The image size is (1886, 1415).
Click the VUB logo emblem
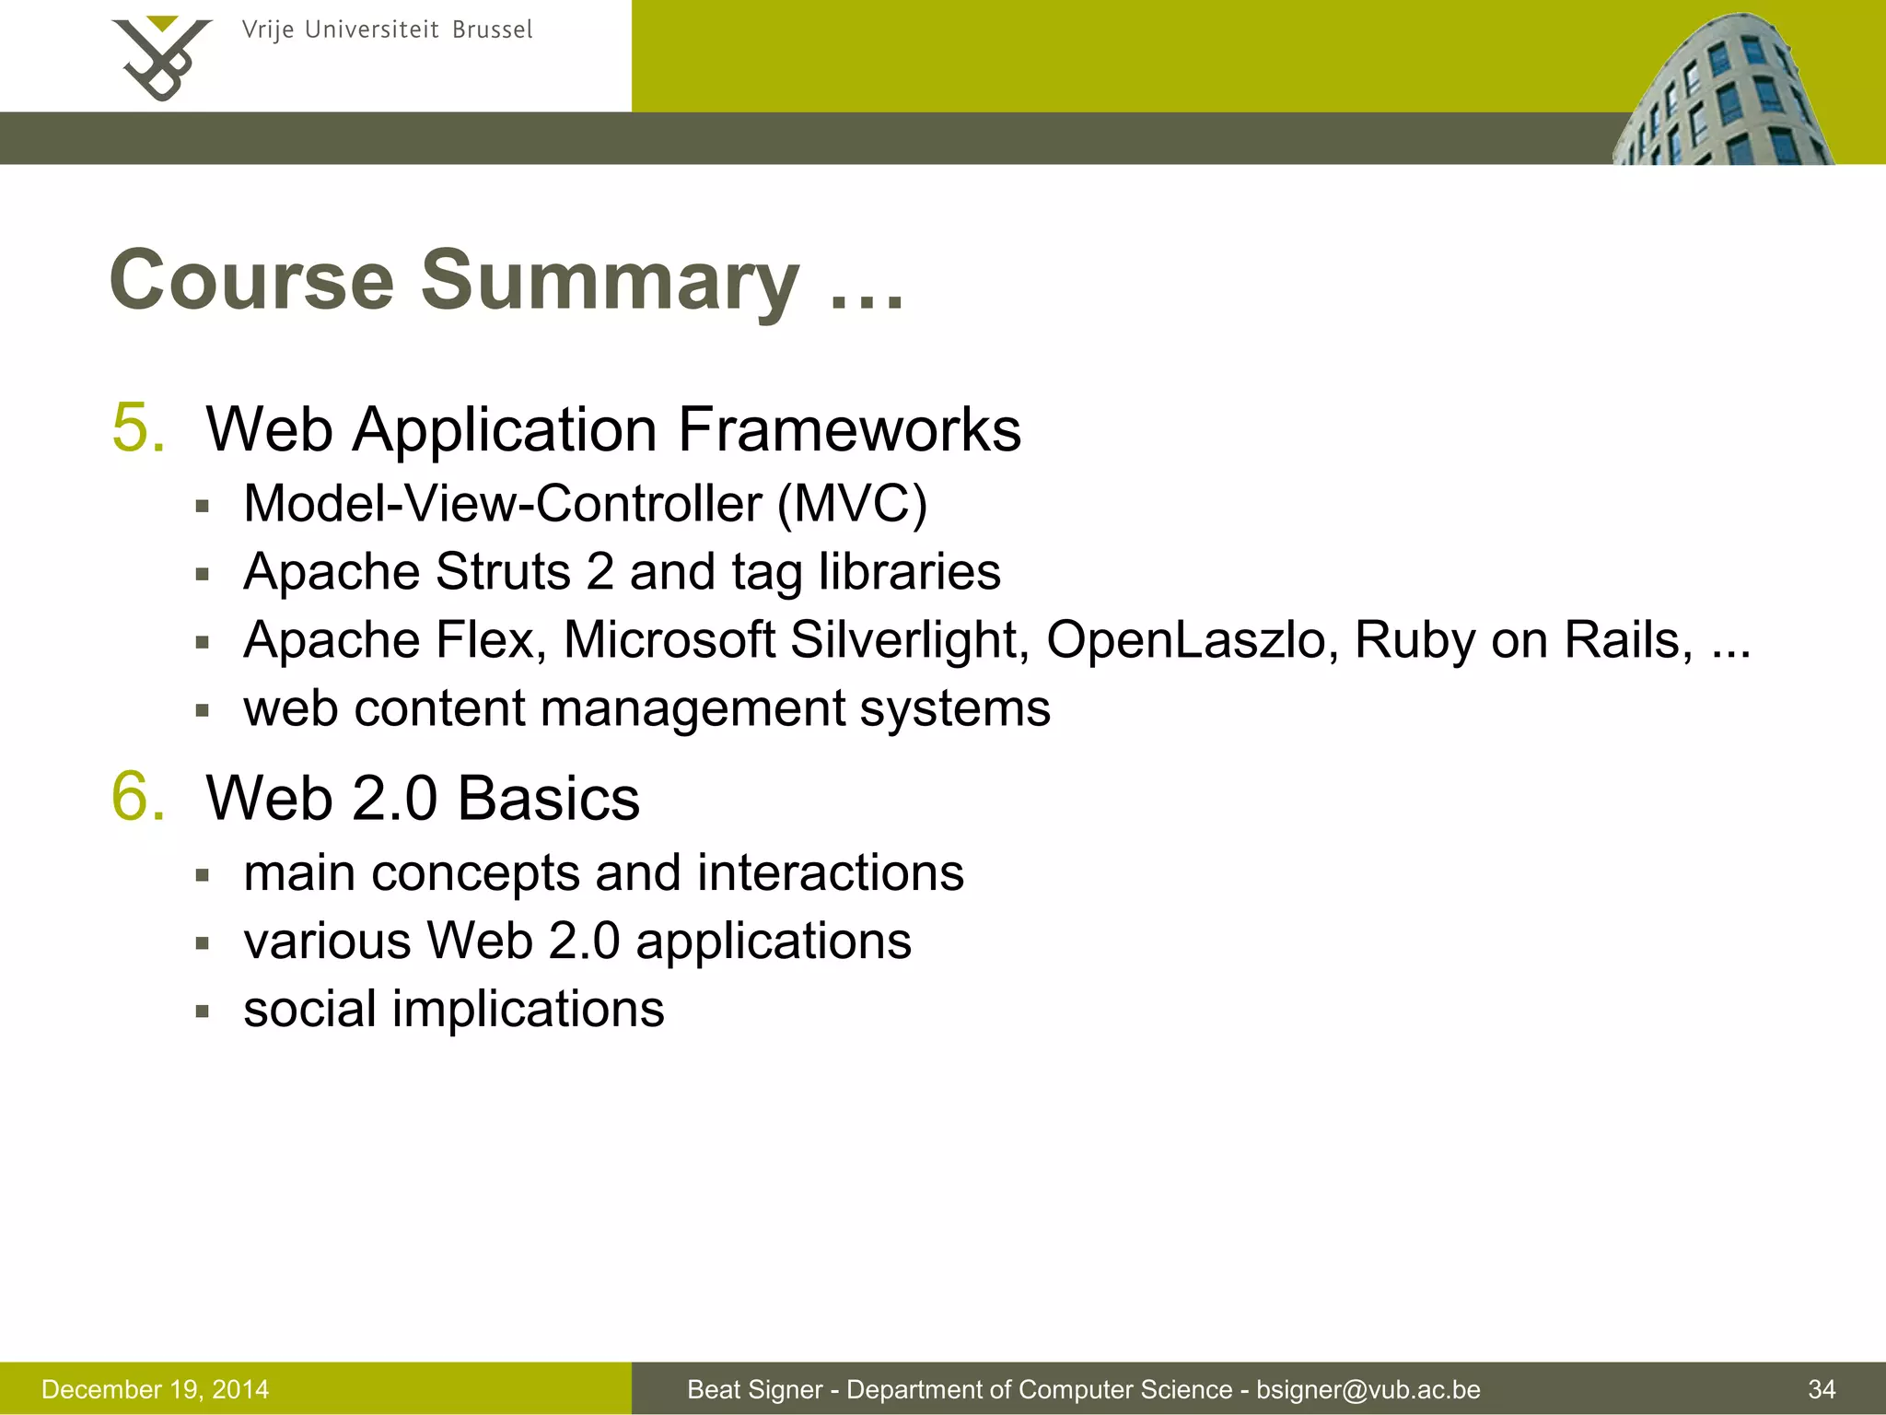point(161,57)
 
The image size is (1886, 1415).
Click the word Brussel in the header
point(492,30)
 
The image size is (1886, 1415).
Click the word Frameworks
point(849,430)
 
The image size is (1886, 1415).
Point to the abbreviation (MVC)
point(852,504)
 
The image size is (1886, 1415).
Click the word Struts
point(503,571)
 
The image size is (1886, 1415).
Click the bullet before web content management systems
point(204,710)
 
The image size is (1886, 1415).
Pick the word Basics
point(548,798)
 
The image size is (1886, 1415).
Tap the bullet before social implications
point(204,1012)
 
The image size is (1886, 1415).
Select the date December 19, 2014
point(156,1389)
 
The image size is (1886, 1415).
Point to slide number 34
point(1822,1389)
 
